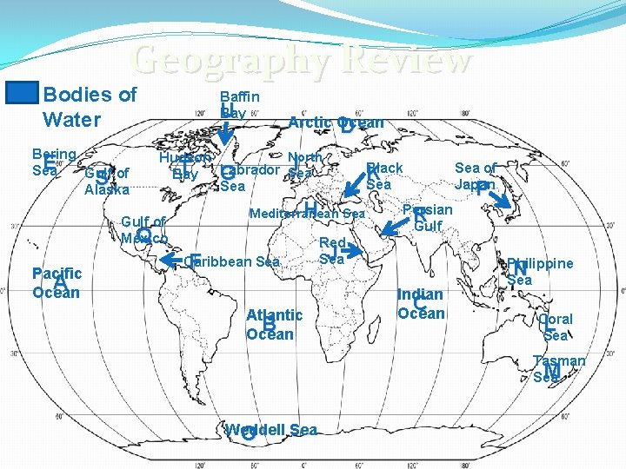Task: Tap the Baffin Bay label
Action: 239,105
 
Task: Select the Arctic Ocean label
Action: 336,122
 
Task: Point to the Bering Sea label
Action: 53,162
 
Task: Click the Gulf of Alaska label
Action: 107,181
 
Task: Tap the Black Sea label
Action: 383,175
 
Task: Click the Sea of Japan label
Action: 476,175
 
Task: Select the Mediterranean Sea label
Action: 307,214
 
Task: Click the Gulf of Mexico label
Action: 143,229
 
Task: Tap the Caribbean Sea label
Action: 232,261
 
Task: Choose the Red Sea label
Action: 333,250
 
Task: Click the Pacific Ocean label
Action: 56,282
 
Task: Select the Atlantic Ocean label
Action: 274,324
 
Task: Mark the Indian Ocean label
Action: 421,304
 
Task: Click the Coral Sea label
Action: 556,327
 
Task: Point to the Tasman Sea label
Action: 559,368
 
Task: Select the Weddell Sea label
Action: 270,429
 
